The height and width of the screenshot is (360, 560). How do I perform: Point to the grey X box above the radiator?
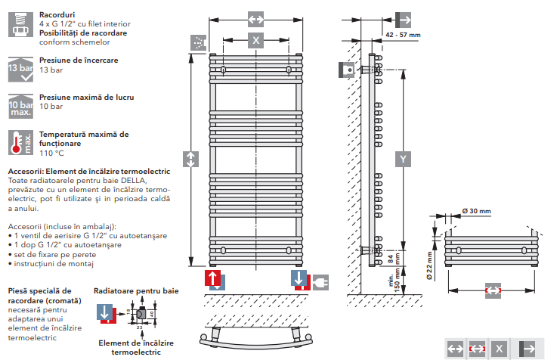[256, 40]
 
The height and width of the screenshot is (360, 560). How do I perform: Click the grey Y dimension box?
[404, 159]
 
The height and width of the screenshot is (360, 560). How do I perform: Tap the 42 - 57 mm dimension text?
[402, 35]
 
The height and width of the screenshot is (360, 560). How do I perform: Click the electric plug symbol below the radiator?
[320, 280]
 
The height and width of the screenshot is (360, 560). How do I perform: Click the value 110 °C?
[52, 153]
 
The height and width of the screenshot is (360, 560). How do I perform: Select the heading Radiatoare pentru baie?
[136, 290]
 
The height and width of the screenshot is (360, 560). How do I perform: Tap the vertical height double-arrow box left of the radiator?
[190, 159]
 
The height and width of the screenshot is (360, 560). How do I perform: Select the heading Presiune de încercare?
[77, 59]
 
